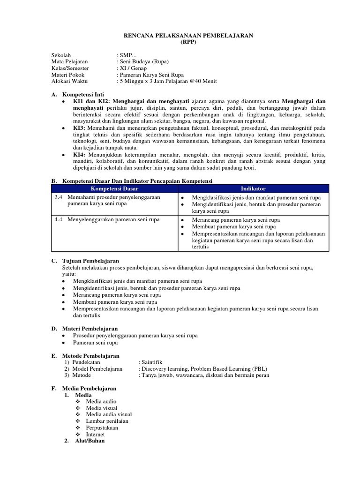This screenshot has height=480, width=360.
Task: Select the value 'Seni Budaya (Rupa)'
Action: (143, 61)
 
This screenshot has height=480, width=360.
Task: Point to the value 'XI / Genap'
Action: (134, 68)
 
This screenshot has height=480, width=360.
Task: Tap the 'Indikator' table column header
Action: (253, 188)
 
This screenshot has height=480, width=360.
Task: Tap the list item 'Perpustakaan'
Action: (102, 427)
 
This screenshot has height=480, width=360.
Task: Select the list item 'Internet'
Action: (96, 434)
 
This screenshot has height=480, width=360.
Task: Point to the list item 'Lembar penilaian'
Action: (107, 421)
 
